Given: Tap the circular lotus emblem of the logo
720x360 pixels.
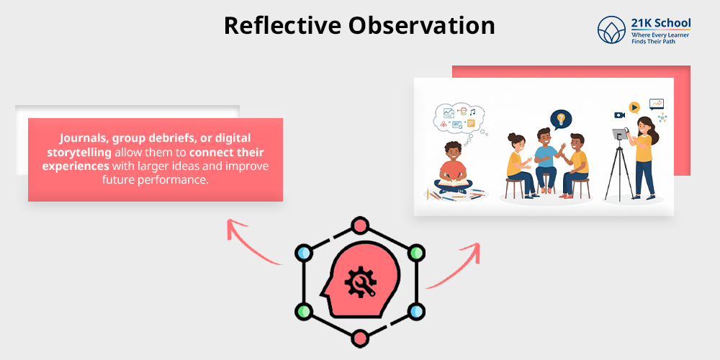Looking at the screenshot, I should (611, 30).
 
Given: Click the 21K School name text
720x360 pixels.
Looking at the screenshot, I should (660, 24).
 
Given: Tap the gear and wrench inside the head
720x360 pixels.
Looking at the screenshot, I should (358, 282).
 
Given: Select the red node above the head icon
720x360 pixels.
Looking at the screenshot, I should (359, 225).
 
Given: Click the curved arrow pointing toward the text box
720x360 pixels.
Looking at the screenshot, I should (248, 241).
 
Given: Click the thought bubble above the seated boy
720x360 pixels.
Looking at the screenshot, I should (459, 117).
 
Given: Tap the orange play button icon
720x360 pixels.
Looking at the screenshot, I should (634, 107).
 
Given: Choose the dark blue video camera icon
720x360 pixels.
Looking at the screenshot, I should (619, 115).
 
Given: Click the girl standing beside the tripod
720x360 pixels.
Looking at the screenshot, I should (644, 155).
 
